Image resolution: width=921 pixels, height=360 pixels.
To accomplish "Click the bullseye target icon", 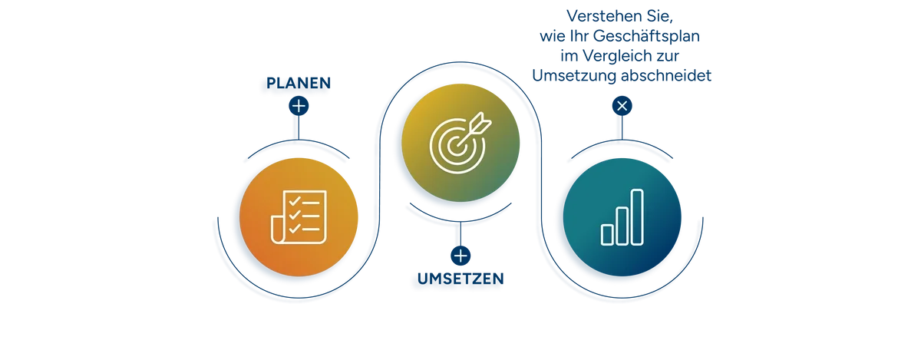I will (457, 143).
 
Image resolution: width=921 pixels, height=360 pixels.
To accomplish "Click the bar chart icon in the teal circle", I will (622, 216).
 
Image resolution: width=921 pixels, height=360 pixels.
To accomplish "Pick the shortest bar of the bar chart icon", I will (607, 233).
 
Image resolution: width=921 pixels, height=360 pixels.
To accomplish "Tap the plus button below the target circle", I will (460, 255).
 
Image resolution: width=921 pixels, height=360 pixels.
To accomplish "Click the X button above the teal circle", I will (622, 105).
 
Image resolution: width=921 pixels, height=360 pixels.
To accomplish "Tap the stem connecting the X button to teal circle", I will (622, 127).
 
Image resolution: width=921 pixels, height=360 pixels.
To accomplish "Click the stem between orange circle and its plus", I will (299, 127).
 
